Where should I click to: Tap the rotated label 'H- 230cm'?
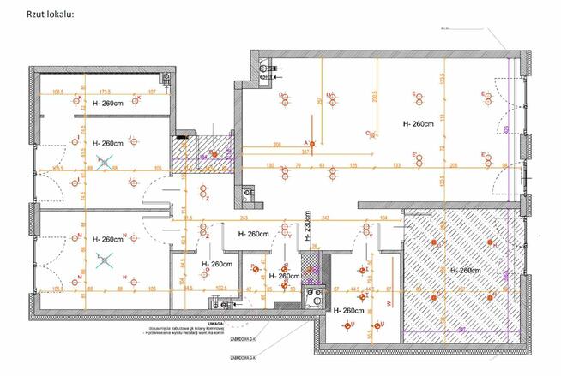click(x=306, y=228)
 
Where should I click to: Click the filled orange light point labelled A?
click(x=312, y=142)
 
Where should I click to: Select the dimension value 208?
click(x=278, y=144)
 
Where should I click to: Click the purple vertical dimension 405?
click(x=506, y=129)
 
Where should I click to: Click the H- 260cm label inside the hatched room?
click(x=465, y=271)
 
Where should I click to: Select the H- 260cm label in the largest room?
click(x=419, y=124)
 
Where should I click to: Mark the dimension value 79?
click(x=298, y=164)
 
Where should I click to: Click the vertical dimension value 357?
click(x=319, y=101)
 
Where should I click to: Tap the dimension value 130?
click(x=270, y=164)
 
